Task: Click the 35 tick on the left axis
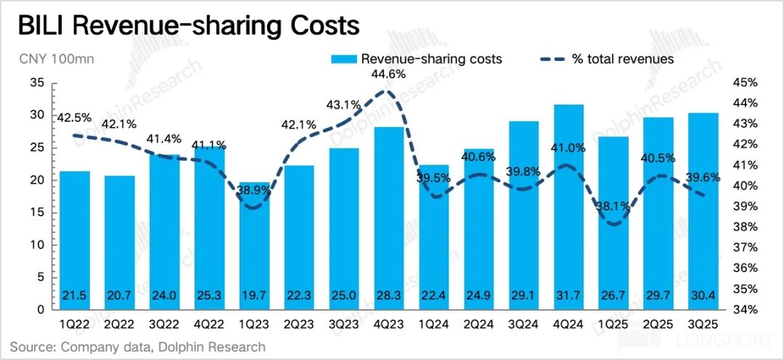pos(38,83)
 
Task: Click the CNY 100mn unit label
pos(47,59)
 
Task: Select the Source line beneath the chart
pos(138,347)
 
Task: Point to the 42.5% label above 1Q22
pos(75,118)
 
